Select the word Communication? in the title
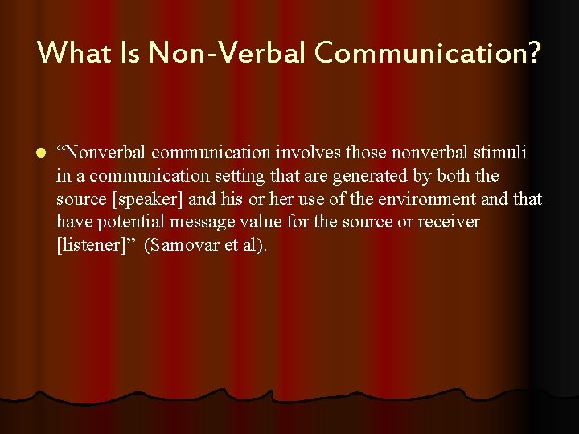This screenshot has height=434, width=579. [x=429, y=53]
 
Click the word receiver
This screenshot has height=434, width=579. [x=446, y=221]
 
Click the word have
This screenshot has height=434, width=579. [x=72, y=221]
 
